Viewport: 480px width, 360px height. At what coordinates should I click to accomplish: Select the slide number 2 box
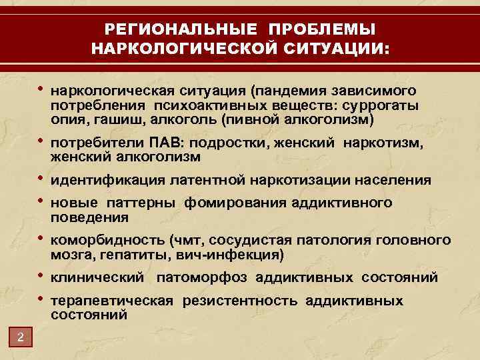pos(21,338)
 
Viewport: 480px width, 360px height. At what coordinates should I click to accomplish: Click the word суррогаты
pos(401,105)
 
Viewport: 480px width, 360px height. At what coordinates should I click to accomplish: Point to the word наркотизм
pos(395,143)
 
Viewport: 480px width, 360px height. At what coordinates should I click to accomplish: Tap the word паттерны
pos(141,203)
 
